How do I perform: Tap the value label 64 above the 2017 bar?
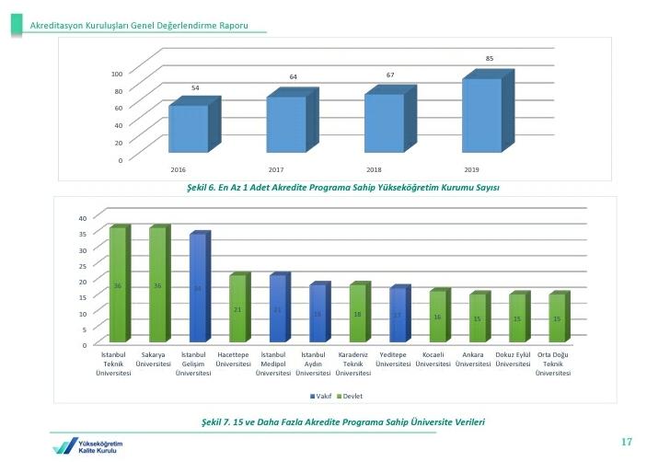pos(293,76)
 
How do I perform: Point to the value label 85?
pos(490,59)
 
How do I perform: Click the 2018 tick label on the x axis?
pos(374,170)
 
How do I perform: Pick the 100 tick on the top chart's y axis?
pos(117,74)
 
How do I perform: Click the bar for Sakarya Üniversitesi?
pos(157,285)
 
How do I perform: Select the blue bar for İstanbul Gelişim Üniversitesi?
pos(197,289)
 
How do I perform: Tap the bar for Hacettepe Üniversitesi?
pos(237,309)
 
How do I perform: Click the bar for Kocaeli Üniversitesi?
pos(437,318)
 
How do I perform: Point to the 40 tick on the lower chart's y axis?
pos(82,218)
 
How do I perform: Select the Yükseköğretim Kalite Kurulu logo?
pos(87,445)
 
